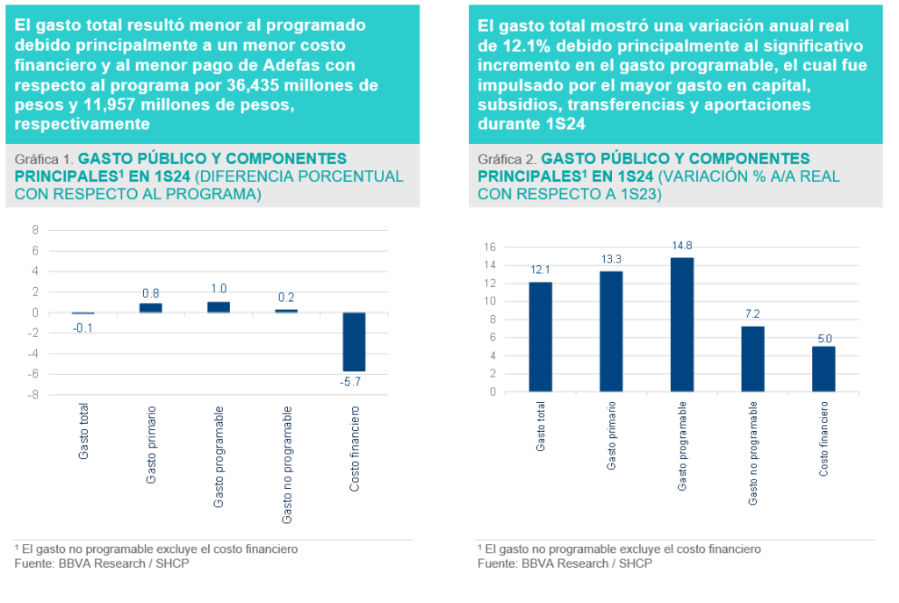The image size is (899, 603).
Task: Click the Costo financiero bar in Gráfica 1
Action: click(x=354, y=341)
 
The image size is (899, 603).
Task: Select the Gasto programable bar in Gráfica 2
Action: click(x=682, y=324)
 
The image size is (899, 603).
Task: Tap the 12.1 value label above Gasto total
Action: click(x=540, y=269)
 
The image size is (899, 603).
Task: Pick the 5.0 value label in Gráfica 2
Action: click(x=824, y=338)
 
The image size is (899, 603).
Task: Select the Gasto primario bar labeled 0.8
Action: click(x=150, y=307)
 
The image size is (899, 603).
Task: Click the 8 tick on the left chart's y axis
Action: click(x=36, y=231)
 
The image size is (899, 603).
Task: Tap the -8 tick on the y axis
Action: click(x=34, y=395)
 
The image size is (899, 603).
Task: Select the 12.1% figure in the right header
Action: click(x=514, y=45)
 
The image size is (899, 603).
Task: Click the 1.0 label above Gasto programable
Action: click(x=218, y=289)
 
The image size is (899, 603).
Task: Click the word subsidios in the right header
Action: click(x=514, y=104)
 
